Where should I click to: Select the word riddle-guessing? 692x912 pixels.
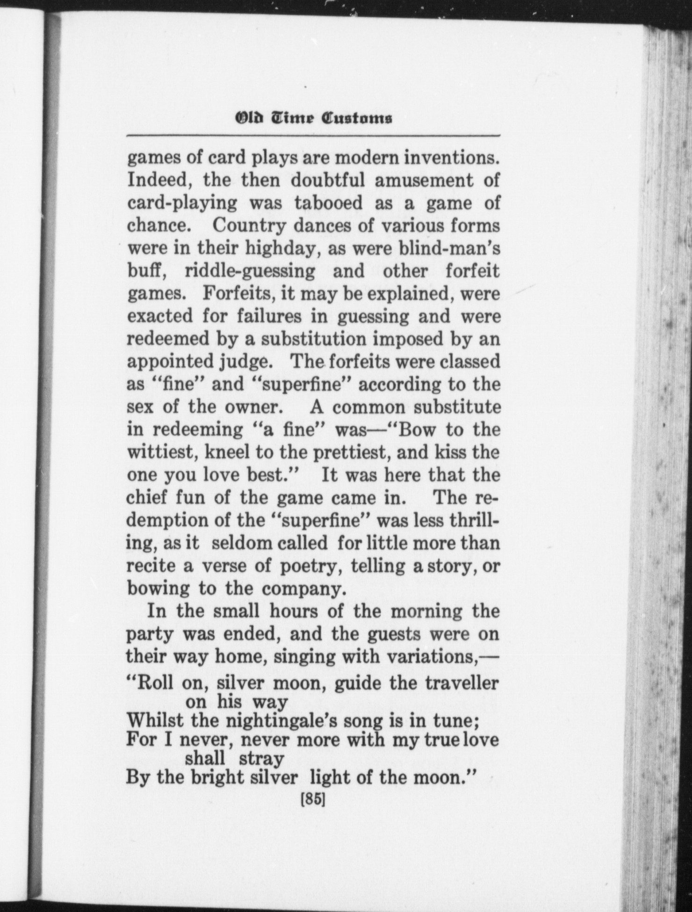[x=250, y=271]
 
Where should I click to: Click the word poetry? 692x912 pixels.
[x=309, y=566]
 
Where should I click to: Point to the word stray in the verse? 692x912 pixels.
[x=261, y=759]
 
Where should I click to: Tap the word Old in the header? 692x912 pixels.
[x=250, y=118]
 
